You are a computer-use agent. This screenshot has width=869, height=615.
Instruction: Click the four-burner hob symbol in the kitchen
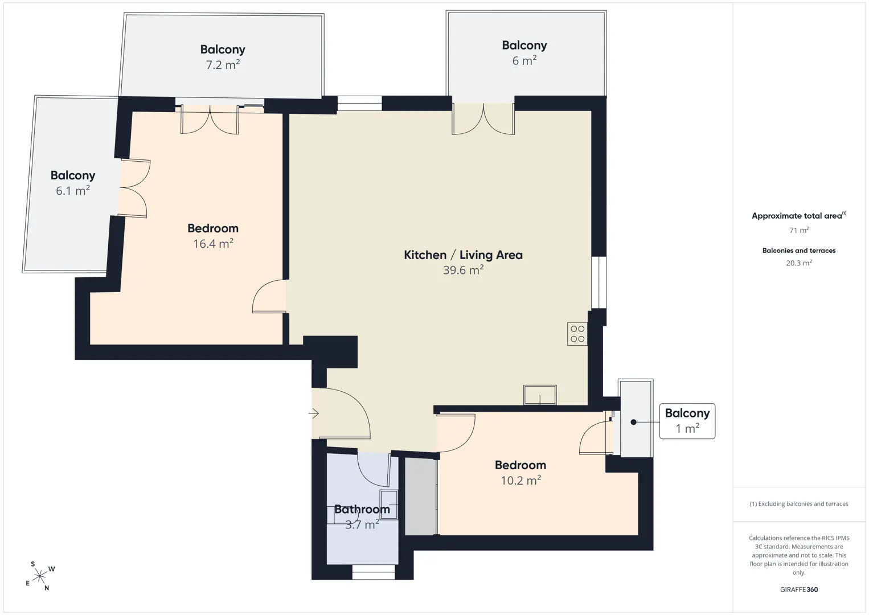click(x=577, y=334)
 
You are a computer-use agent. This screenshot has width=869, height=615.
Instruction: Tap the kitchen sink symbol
click(x=540, y=395)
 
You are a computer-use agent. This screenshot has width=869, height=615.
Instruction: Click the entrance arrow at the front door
click(x=313, y=413)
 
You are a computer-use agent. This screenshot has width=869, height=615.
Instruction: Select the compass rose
click(x=40, y=576)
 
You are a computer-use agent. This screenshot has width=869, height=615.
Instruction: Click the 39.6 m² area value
click(x=463, y=270)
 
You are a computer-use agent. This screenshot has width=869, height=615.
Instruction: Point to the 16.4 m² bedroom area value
click(x=213, y=243)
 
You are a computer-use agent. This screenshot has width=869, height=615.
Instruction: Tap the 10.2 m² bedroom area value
click(x=520, y=480)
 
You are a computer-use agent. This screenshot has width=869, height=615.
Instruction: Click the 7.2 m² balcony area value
click(x=223, y=64)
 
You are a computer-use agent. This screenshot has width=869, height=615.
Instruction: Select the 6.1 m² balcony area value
click(x=73, y=190)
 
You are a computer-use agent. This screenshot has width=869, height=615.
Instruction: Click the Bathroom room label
click(x=362, y=509)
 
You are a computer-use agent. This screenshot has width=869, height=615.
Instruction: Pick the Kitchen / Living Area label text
click(x=463, y=255)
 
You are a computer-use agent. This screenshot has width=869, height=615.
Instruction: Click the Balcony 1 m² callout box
click(x=687, y=421)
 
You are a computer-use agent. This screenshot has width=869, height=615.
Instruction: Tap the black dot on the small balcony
click(x=633, y=422)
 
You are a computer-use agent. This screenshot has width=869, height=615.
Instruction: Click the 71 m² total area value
click(x=799, y=230)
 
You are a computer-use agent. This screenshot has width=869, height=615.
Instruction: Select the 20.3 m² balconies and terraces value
click(x=799, y=263)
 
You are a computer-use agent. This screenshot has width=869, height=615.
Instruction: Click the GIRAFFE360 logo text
click(x=799, y=589)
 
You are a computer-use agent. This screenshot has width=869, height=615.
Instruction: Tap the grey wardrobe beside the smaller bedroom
click(x=421, y=497)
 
